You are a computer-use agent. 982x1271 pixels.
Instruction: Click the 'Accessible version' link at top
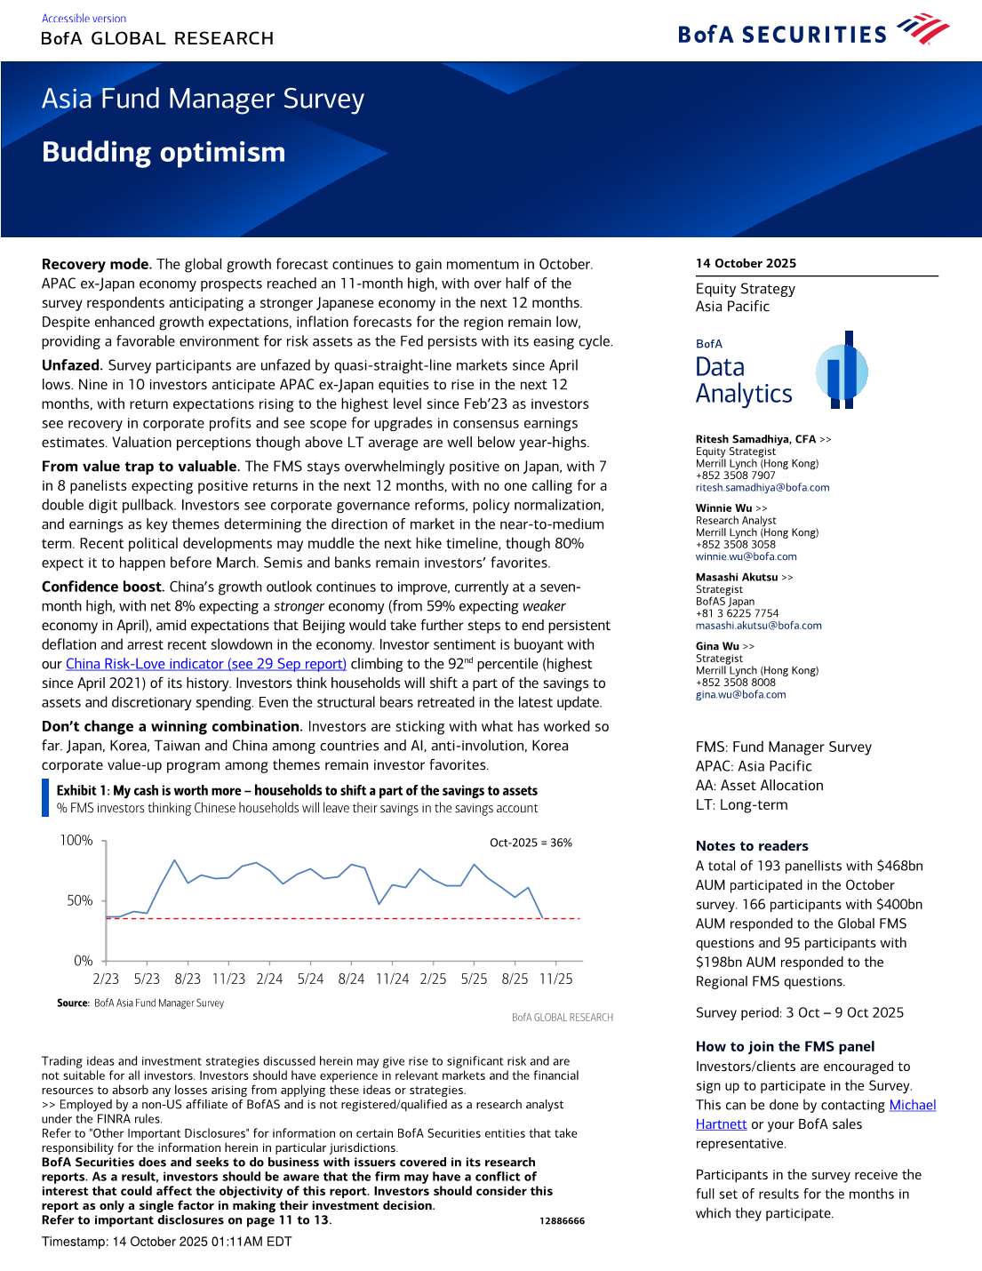84,19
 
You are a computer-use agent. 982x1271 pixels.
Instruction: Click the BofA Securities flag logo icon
923,29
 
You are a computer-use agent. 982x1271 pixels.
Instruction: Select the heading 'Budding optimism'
164,152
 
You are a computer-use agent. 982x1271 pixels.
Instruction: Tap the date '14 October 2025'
746,263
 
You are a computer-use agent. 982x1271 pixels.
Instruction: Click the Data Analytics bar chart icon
842,371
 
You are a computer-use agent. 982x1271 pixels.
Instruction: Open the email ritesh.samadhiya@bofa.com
762,488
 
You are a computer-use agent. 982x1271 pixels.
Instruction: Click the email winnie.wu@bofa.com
746,557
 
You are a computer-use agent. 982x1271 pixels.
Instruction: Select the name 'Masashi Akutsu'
736,577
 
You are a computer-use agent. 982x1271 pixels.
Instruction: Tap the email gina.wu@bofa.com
740,695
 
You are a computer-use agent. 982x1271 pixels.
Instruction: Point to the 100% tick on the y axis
76,841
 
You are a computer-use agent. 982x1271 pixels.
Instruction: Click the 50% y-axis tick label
80,900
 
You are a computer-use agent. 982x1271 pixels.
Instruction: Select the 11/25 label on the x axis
556,979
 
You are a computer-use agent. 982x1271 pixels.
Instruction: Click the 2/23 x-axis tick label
106,979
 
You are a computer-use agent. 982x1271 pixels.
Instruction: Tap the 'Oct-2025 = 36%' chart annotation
531,843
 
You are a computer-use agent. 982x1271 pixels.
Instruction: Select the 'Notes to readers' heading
752,846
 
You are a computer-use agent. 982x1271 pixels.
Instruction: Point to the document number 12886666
562,1221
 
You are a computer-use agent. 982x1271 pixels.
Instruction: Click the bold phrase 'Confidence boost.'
102,587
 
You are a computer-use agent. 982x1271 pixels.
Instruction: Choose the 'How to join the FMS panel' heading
785,1047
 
